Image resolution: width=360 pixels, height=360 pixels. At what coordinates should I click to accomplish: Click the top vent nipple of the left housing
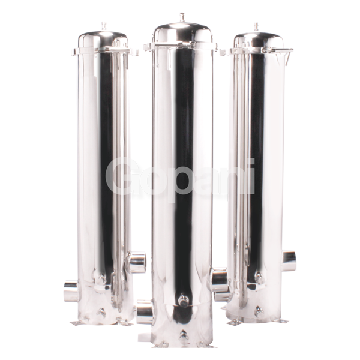[103, 26]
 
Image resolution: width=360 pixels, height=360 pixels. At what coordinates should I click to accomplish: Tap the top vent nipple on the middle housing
[182, 17]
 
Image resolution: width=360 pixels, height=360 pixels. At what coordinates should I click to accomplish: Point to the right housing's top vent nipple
[257, 26]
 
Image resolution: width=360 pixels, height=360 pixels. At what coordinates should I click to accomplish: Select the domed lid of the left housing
[103, 38]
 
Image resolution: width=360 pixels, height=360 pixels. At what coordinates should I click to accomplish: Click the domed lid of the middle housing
[182, 31]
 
